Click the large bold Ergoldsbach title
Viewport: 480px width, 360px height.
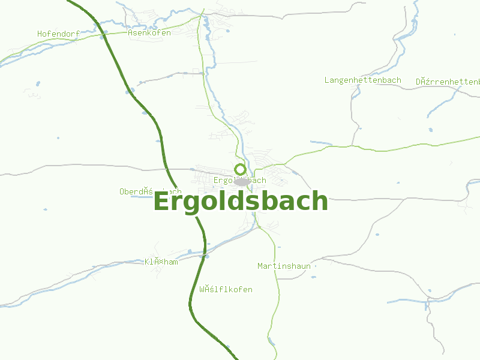tap(241, 201)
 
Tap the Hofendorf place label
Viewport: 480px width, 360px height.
tap(58, 34)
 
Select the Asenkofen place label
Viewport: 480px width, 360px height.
tap(149, 32)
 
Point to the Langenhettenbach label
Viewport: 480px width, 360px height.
tap(362, 80)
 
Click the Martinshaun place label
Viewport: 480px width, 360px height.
tap(284, 266)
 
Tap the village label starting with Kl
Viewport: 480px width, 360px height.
tap(161, 262)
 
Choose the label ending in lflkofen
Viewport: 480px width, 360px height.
tap(226, 289)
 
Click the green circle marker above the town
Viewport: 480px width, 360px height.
tap(240, 169)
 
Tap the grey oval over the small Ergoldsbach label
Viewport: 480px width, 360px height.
tap(242, 181)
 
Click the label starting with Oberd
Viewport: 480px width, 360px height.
tap(150, 191)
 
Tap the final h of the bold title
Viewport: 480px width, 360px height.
tap(320, 201)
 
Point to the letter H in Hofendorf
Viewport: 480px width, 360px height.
tap(40, 34)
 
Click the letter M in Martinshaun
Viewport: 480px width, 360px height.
tap(260, 266)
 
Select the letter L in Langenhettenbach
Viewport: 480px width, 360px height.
tap(327, 80)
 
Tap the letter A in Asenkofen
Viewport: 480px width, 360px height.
tap(130, 32)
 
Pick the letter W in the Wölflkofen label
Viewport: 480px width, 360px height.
tap(202, 289)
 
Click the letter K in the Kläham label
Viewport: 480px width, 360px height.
tap(147, 262)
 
